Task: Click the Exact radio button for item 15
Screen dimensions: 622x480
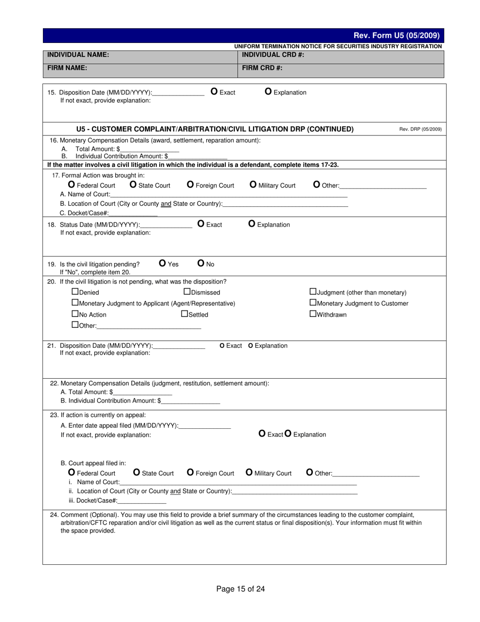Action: (x=214, y=92)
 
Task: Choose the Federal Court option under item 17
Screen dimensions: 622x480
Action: (x=72, y=185)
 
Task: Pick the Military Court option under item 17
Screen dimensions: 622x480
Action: (x=253, y=185)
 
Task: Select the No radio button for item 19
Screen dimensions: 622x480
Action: (x=201, y=263)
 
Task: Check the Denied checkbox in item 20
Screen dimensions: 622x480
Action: (x=75, y=292)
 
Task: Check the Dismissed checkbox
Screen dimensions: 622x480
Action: (x=186, y=292)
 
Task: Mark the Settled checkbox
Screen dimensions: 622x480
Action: (x=184, y=314)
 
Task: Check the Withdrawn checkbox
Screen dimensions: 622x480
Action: (x=313, y=314)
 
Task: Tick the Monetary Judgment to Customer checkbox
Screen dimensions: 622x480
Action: (x=313, y=303)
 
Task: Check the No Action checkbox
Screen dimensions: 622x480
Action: (x=75, y=314)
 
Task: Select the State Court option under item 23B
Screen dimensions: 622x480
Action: (x=136, y=472)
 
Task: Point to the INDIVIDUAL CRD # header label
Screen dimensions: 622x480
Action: (x=273, y=55)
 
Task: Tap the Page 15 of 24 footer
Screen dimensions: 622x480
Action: (x=241, y=589)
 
